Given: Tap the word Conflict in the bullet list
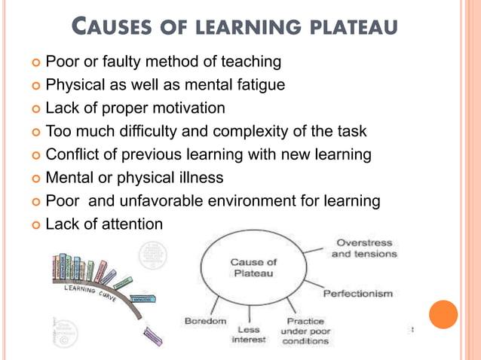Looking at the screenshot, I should click(72, 154).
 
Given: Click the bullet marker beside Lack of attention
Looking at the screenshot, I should click(35, 225).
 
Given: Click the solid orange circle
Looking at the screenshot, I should click(443, 314).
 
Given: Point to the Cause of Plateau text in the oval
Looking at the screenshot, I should click(253, 267).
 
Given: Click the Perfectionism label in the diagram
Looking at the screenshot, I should click(358, 293).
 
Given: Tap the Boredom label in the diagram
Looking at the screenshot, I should click(205, 322).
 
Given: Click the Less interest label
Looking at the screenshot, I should click(249, 335).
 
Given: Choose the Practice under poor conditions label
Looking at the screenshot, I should click(305, 331).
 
